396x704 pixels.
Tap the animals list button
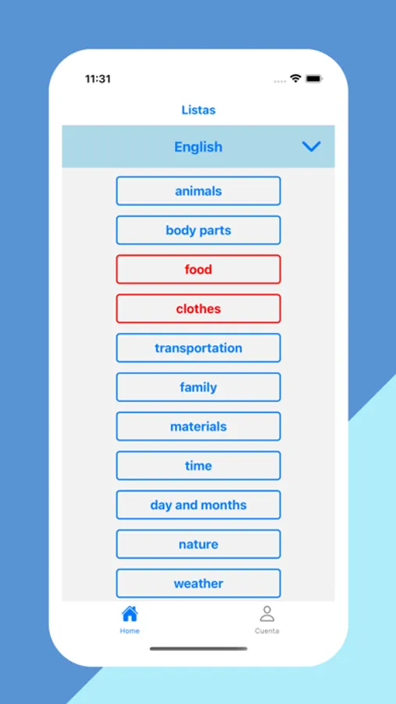point(198,191)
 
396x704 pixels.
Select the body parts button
point(198,230)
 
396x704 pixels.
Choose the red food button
point(198,269)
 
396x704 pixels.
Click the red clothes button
point(198,309)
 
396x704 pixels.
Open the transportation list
point(198,348)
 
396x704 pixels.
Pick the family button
point(198,387)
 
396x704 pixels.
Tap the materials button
point(198,426)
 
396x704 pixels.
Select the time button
point(198,465)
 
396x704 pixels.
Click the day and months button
point(198,505)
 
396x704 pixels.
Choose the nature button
point(198,544)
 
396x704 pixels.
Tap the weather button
point(198,584)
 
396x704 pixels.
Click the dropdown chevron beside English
point(311,146)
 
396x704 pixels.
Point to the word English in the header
point(198,147)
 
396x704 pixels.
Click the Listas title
point(198,110)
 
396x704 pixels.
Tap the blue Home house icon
point(130,613)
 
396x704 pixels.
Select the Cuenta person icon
point(267,614)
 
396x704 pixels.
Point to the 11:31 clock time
point(98,79)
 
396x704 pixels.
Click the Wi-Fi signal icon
point(295,78)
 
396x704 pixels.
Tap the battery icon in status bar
point(314,79)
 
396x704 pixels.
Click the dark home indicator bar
point(198,648)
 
